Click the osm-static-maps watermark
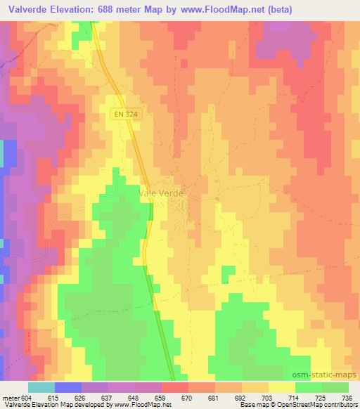(324, 375)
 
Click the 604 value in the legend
(26, 397)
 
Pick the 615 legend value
(54, 397)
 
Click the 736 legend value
(347, 397)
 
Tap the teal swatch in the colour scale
(41, 387)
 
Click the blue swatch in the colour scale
(68, 387)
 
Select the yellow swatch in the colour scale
(281, 387)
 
